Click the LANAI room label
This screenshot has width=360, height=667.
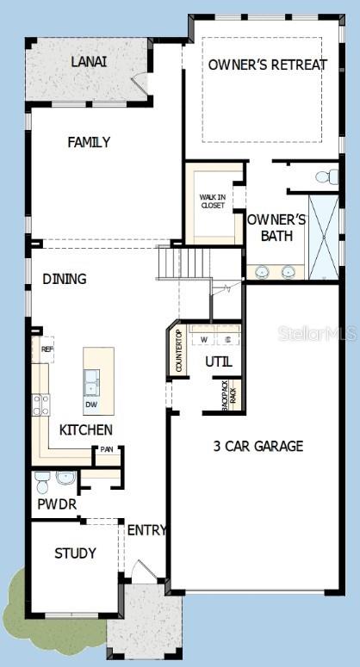coord(90,62)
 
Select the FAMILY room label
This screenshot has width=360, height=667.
coord(89,142)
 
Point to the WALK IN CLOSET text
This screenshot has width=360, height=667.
coord(212,201)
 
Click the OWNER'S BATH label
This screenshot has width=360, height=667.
coord(276,227)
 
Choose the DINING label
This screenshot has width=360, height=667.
coord(65,279)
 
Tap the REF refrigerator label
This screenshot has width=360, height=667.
coord(47,349)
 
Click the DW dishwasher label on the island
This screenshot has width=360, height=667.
coord(90,404)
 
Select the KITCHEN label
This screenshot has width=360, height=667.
coord(85,429)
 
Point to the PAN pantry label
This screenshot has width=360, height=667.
coord(107,449)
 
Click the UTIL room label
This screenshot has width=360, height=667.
coord(219,362)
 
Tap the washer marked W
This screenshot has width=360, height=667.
coord(204,339)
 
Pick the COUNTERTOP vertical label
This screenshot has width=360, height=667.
coord(179,351)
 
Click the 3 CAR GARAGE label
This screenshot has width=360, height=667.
coord(258,446)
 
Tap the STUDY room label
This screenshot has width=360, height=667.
coord(75,553)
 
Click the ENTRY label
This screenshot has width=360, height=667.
coord(146,530)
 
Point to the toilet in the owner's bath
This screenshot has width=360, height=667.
coord(327,177)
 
